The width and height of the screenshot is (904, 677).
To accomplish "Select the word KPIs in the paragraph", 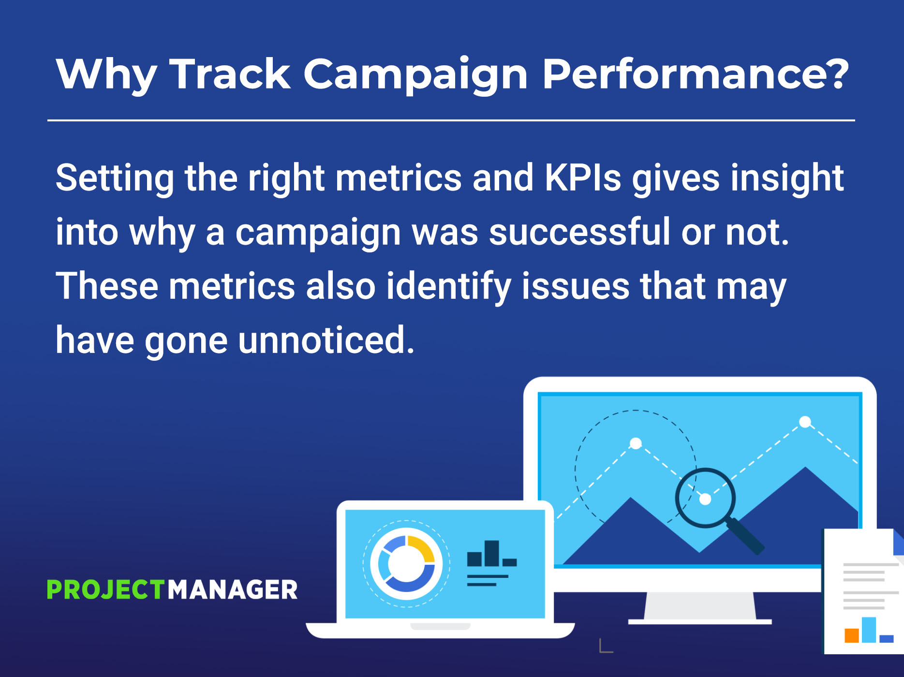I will tap(583, 178).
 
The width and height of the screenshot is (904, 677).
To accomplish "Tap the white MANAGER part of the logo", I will tap(233, 589).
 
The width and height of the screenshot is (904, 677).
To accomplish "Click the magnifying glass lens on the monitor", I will tap(705, 498).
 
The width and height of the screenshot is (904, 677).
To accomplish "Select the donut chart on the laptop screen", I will tap(406, 564).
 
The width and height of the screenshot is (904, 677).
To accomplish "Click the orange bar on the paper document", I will tap(851, 635).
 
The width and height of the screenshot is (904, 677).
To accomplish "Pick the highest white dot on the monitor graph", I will tap(805, 422).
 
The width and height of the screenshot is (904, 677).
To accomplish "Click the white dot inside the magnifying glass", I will tap(705, 499).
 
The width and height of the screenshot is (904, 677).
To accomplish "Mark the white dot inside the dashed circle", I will tap(636, 443).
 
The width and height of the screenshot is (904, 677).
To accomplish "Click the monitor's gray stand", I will tap(699, 606).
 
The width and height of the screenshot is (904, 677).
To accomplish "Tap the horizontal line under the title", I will tap(451, 120).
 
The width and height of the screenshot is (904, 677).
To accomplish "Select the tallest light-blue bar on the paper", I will tap(869, 630).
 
